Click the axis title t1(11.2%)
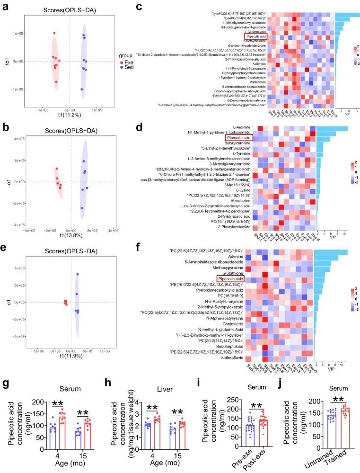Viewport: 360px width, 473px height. pyautogui.click(x=70, y=115)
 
